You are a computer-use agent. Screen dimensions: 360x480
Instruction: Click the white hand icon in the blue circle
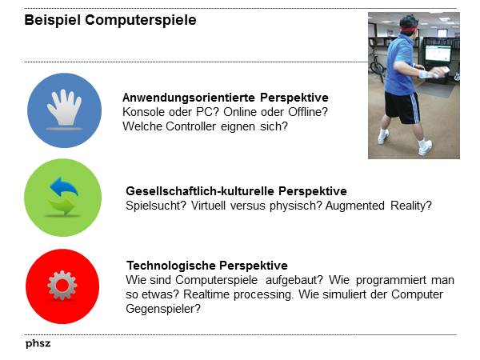tap(63, 110)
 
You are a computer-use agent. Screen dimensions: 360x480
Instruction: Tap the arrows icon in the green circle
tap(62, 197)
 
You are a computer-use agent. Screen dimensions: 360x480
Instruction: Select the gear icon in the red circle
tap(62, 286)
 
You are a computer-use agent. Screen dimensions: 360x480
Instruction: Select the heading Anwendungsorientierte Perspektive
tap(220, 98)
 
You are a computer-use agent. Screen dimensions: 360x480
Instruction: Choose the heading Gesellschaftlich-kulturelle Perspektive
tap(236, 191)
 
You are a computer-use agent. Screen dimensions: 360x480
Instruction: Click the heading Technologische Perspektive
tap(207, 266)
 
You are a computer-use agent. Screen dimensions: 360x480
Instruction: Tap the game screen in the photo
tap(437, 54)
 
